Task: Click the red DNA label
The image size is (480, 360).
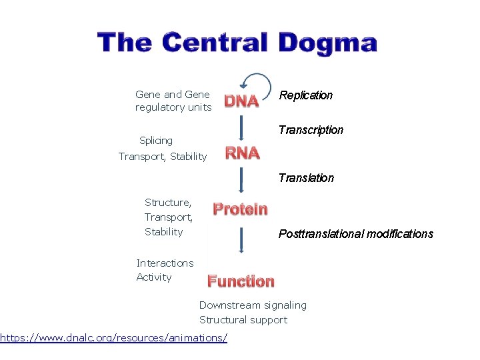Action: [x=241, y=101]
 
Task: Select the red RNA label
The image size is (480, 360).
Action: [x=242, y=153]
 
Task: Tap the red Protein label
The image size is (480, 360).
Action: [x=240, y=209]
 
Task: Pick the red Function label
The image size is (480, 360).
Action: [x=241, y=281]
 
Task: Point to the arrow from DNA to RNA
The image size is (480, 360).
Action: [x=241, y=127]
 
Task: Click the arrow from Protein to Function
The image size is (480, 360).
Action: [x=241, y=239]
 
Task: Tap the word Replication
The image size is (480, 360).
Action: [x=305, y=95]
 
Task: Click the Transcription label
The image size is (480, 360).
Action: [x=311, y=130]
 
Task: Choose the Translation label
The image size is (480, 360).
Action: [x=306, y=178]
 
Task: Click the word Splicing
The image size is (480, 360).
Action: [x=156, y=141]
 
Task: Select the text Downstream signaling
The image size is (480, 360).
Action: [x=253, y=305]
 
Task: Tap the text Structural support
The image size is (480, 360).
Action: [x=243, y=320]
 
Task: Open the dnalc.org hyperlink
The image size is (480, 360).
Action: [x=113, y=338]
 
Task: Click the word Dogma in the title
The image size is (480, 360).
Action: [x=327, y=43]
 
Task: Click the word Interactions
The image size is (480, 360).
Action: [x=165, y=263]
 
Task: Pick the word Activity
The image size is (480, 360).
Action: [x=154, y=277]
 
